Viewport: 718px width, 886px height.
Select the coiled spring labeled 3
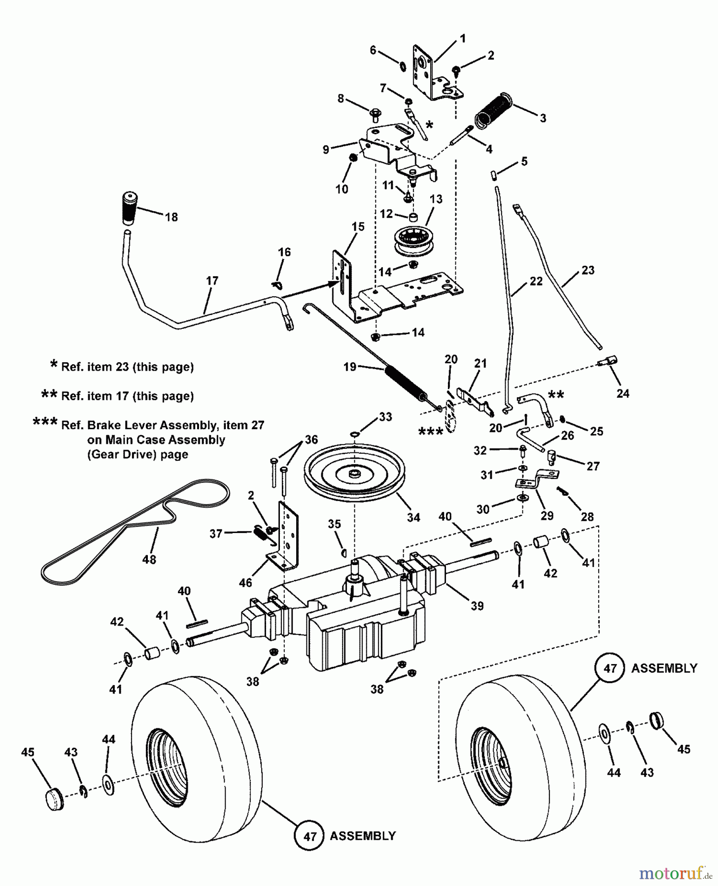[x=493, y=111]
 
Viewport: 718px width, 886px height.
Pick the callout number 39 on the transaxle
[x=477, y=605]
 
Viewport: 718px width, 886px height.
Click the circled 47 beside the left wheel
[x=309, y=836]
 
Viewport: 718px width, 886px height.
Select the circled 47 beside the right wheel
[x=610, y=668]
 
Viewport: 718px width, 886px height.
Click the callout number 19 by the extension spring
[x=349, y=367]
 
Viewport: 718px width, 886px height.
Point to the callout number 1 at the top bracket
[x=463, y=38]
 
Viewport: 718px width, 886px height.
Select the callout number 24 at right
[x=623, y=393]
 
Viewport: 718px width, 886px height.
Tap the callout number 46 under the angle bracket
[x=245, y=583]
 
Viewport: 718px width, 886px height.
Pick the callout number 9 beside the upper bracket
[x=326, y=149]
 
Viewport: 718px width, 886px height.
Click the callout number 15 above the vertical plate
[x=358, y=226]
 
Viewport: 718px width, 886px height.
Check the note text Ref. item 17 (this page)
[x=127, y=396]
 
